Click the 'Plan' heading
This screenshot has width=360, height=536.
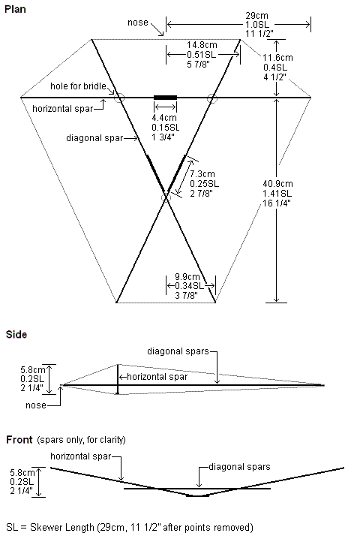[15, 9]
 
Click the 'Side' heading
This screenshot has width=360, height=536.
[16, 334]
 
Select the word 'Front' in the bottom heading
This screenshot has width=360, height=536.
[19, 440]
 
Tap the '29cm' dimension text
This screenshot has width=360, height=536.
[256, 16]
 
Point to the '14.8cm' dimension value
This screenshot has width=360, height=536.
[202, 45]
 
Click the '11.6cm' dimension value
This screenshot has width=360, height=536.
[277, 58]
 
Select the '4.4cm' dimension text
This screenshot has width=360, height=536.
[164, 118]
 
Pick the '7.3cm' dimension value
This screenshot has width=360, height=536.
[202, 174]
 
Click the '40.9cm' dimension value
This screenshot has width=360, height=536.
[277, 184]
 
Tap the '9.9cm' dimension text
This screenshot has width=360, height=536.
[187, 276]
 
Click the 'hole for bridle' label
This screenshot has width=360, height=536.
[78, 86]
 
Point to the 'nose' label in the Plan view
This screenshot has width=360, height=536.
[138, 23]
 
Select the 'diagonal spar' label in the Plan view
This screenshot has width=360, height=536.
[94, 138]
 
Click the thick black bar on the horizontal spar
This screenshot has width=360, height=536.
[165, 98]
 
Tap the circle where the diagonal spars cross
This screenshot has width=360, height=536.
[166, 197]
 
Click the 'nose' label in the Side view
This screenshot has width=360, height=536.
[36, 405]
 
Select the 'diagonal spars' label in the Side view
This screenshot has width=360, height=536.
[178, 351]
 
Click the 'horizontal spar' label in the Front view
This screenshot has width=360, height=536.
[81, 456]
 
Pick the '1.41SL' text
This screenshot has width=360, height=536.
[277, 194]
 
